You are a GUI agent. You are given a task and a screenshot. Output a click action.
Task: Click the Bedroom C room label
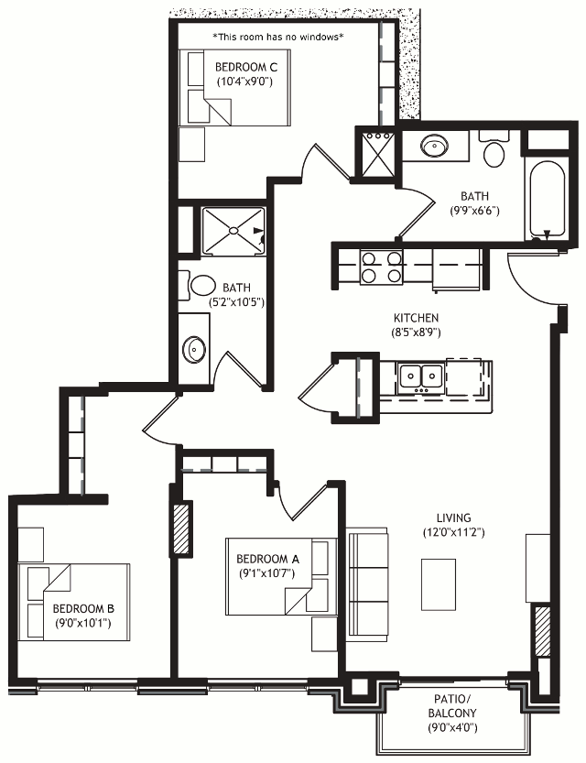tap(246, 67)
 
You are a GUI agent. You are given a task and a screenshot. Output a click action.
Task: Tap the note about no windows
tap(278, 37)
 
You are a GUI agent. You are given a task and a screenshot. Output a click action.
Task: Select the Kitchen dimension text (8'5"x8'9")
tap(416, 332)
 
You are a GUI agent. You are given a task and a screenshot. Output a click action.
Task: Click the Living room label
tap(453, 518)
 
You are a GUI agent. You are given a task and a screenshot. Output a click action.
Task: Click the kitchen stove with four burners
tap(381, 267)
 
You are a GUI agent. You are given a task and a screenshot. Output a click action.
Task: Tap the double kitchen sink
tap(420, 377)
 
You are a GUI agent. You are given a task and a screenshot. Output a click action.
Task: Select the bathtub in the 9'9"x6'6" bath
tap(547, 200)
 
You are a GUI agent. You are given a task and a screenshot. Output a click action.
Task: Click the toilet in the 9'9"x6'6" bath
tap(494, 148)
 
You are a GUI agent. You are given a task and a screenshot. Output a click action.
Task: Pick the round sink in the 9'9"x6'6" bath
tap(434, 146)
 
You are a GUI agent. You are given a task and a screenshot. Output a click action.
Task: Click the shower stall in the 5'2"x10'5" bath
tap(233, 231)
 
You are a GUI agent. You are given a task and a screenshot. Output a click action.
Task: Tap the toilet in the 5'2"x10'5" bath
tap(197, 286)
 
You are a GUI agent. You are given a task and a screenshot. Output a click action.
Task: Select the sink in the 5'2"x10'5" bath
tap(194, 348)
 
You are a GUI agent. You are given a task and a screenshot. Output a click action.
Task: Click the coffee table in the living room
tap(439, 584)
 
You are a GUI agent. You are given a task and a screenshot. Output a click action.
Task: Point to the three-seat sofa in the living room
tap(367, 584)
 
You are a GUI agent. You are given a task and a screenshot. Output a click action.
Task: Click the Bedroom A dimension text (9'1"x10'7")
tap(267, 573)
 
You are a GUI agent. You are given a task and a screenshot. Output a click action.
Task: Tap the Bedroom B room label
tap(83, 608)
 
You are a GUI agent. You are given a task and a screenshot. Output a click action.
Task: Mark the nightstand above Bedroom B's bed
tap(30, 545)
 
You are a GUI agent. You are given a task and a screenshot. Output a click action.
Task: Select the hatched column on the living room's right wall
tap(542, 630)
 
